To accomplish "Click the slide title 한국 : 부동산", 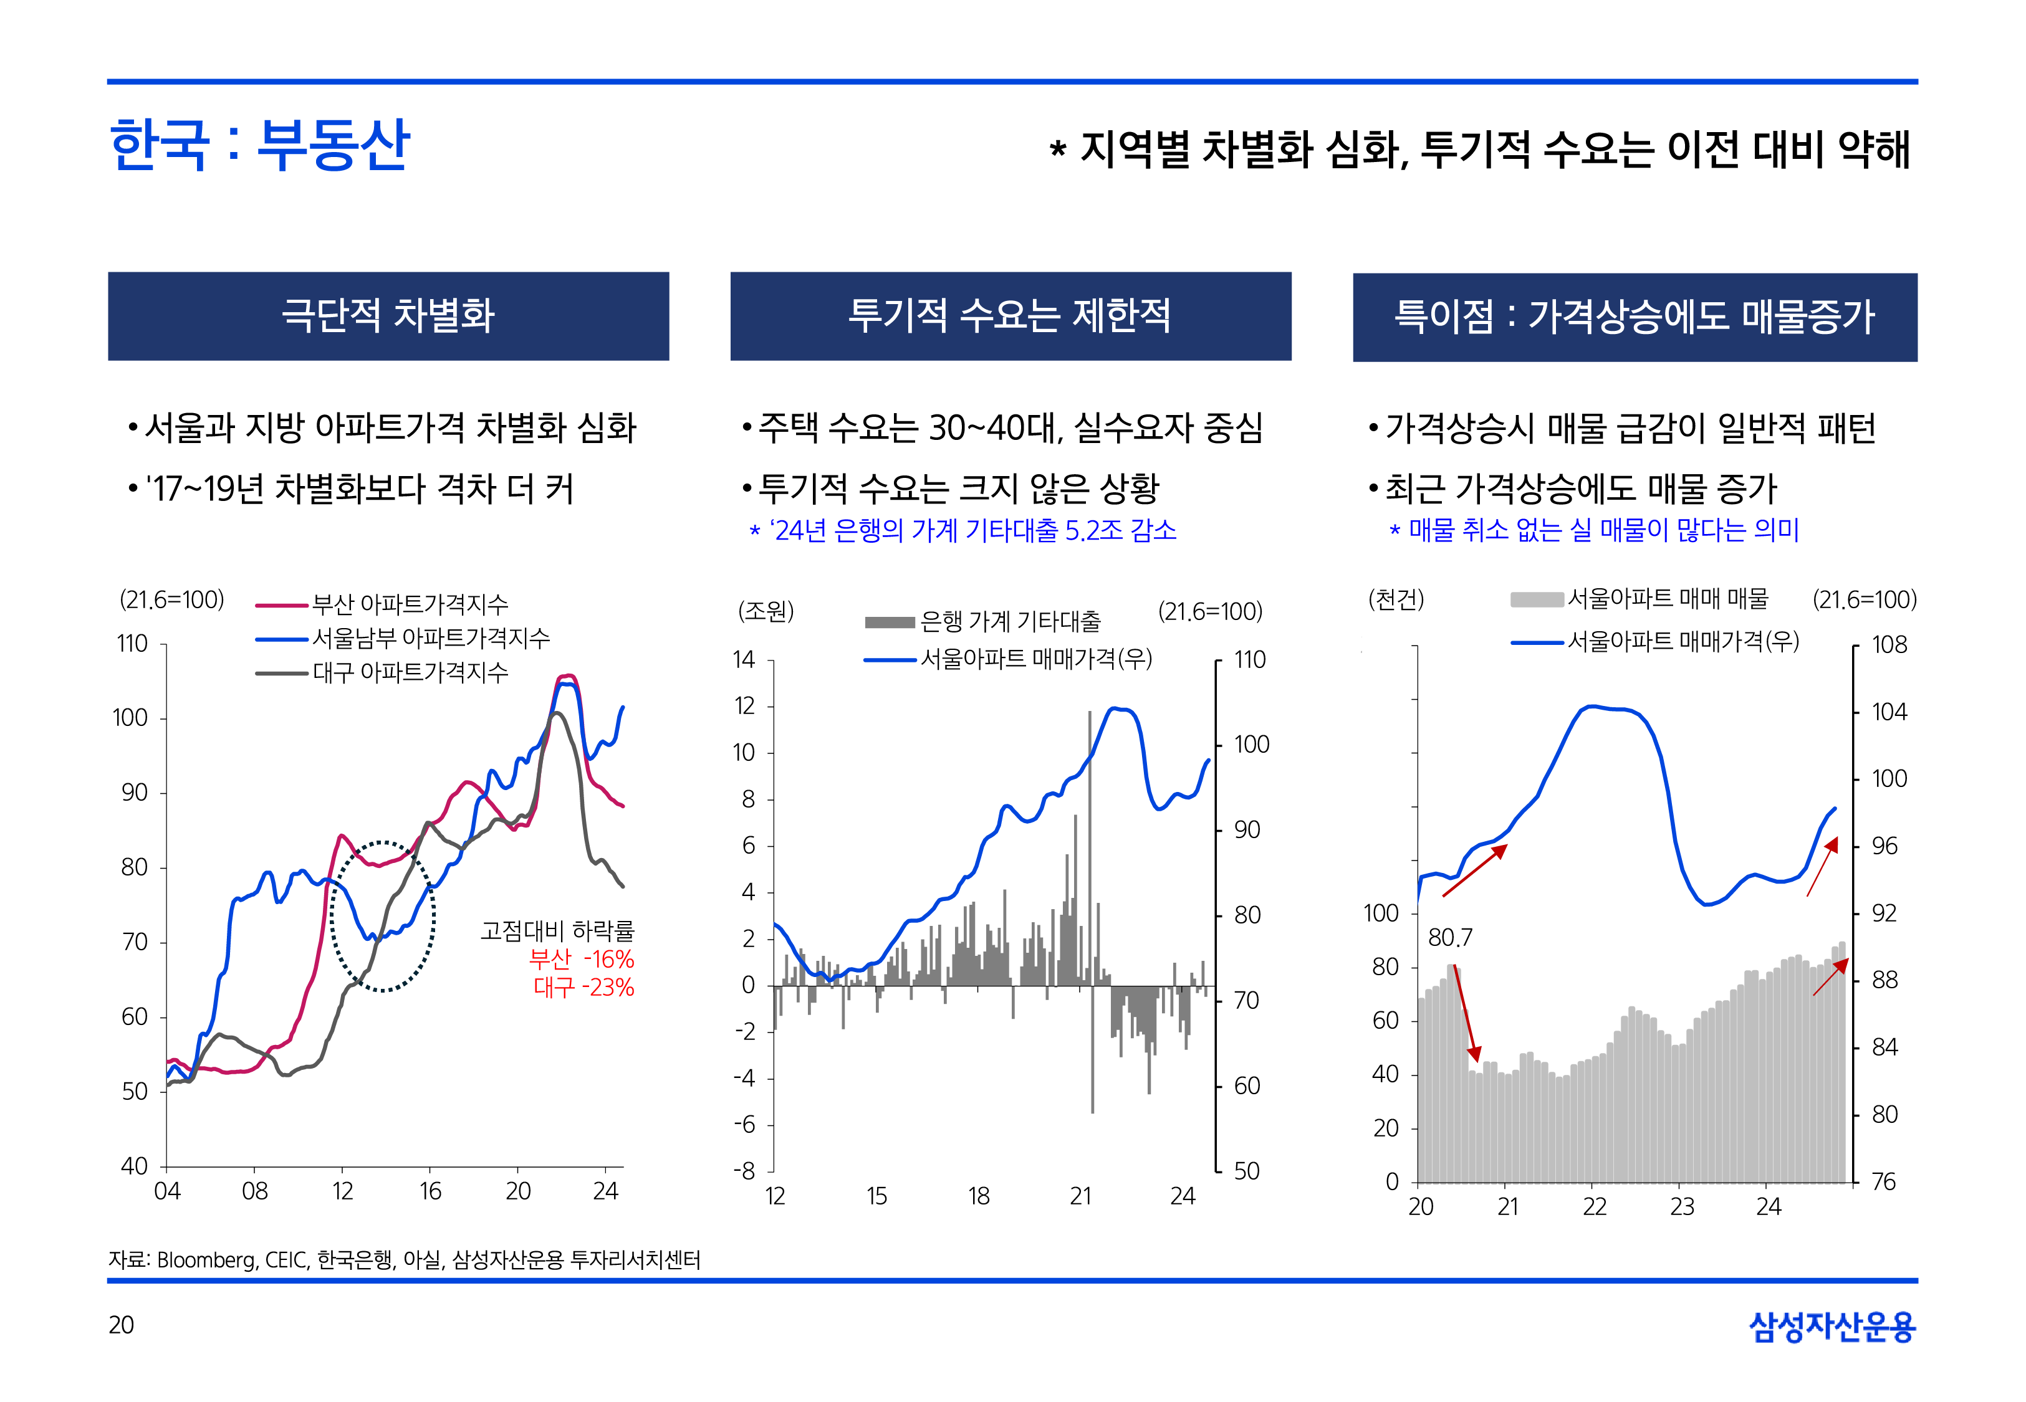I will pos(259,145).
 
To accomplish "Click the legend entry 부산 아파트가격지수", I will pos(410,604).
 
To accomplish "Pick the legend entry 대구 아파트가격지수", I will pos(410,673).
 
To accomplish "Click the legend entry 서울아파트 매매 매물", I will pos(1667,599).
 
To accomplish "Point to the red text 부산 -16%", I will pos(581,958).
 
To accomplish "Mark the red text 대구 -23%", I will pos(583,988).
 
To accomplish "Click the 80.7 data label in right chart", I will pos(1449,938).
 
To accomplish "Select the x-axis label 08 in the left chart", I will pos(255,1191).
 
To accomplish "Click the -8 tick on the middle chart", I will pos(745,1171).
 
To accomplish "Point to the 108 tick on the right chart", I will pos(1889,645).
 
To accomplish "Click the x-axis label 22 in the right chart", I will pos(1595,1207).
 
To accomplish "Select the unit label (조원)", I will pos(766,611).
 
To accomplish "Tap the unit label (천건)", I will pos(1396,600).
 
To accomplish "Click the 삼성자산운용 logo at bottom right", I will pos(1832,1327).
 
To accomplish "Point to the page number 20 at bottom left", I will pos(121,1325).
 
